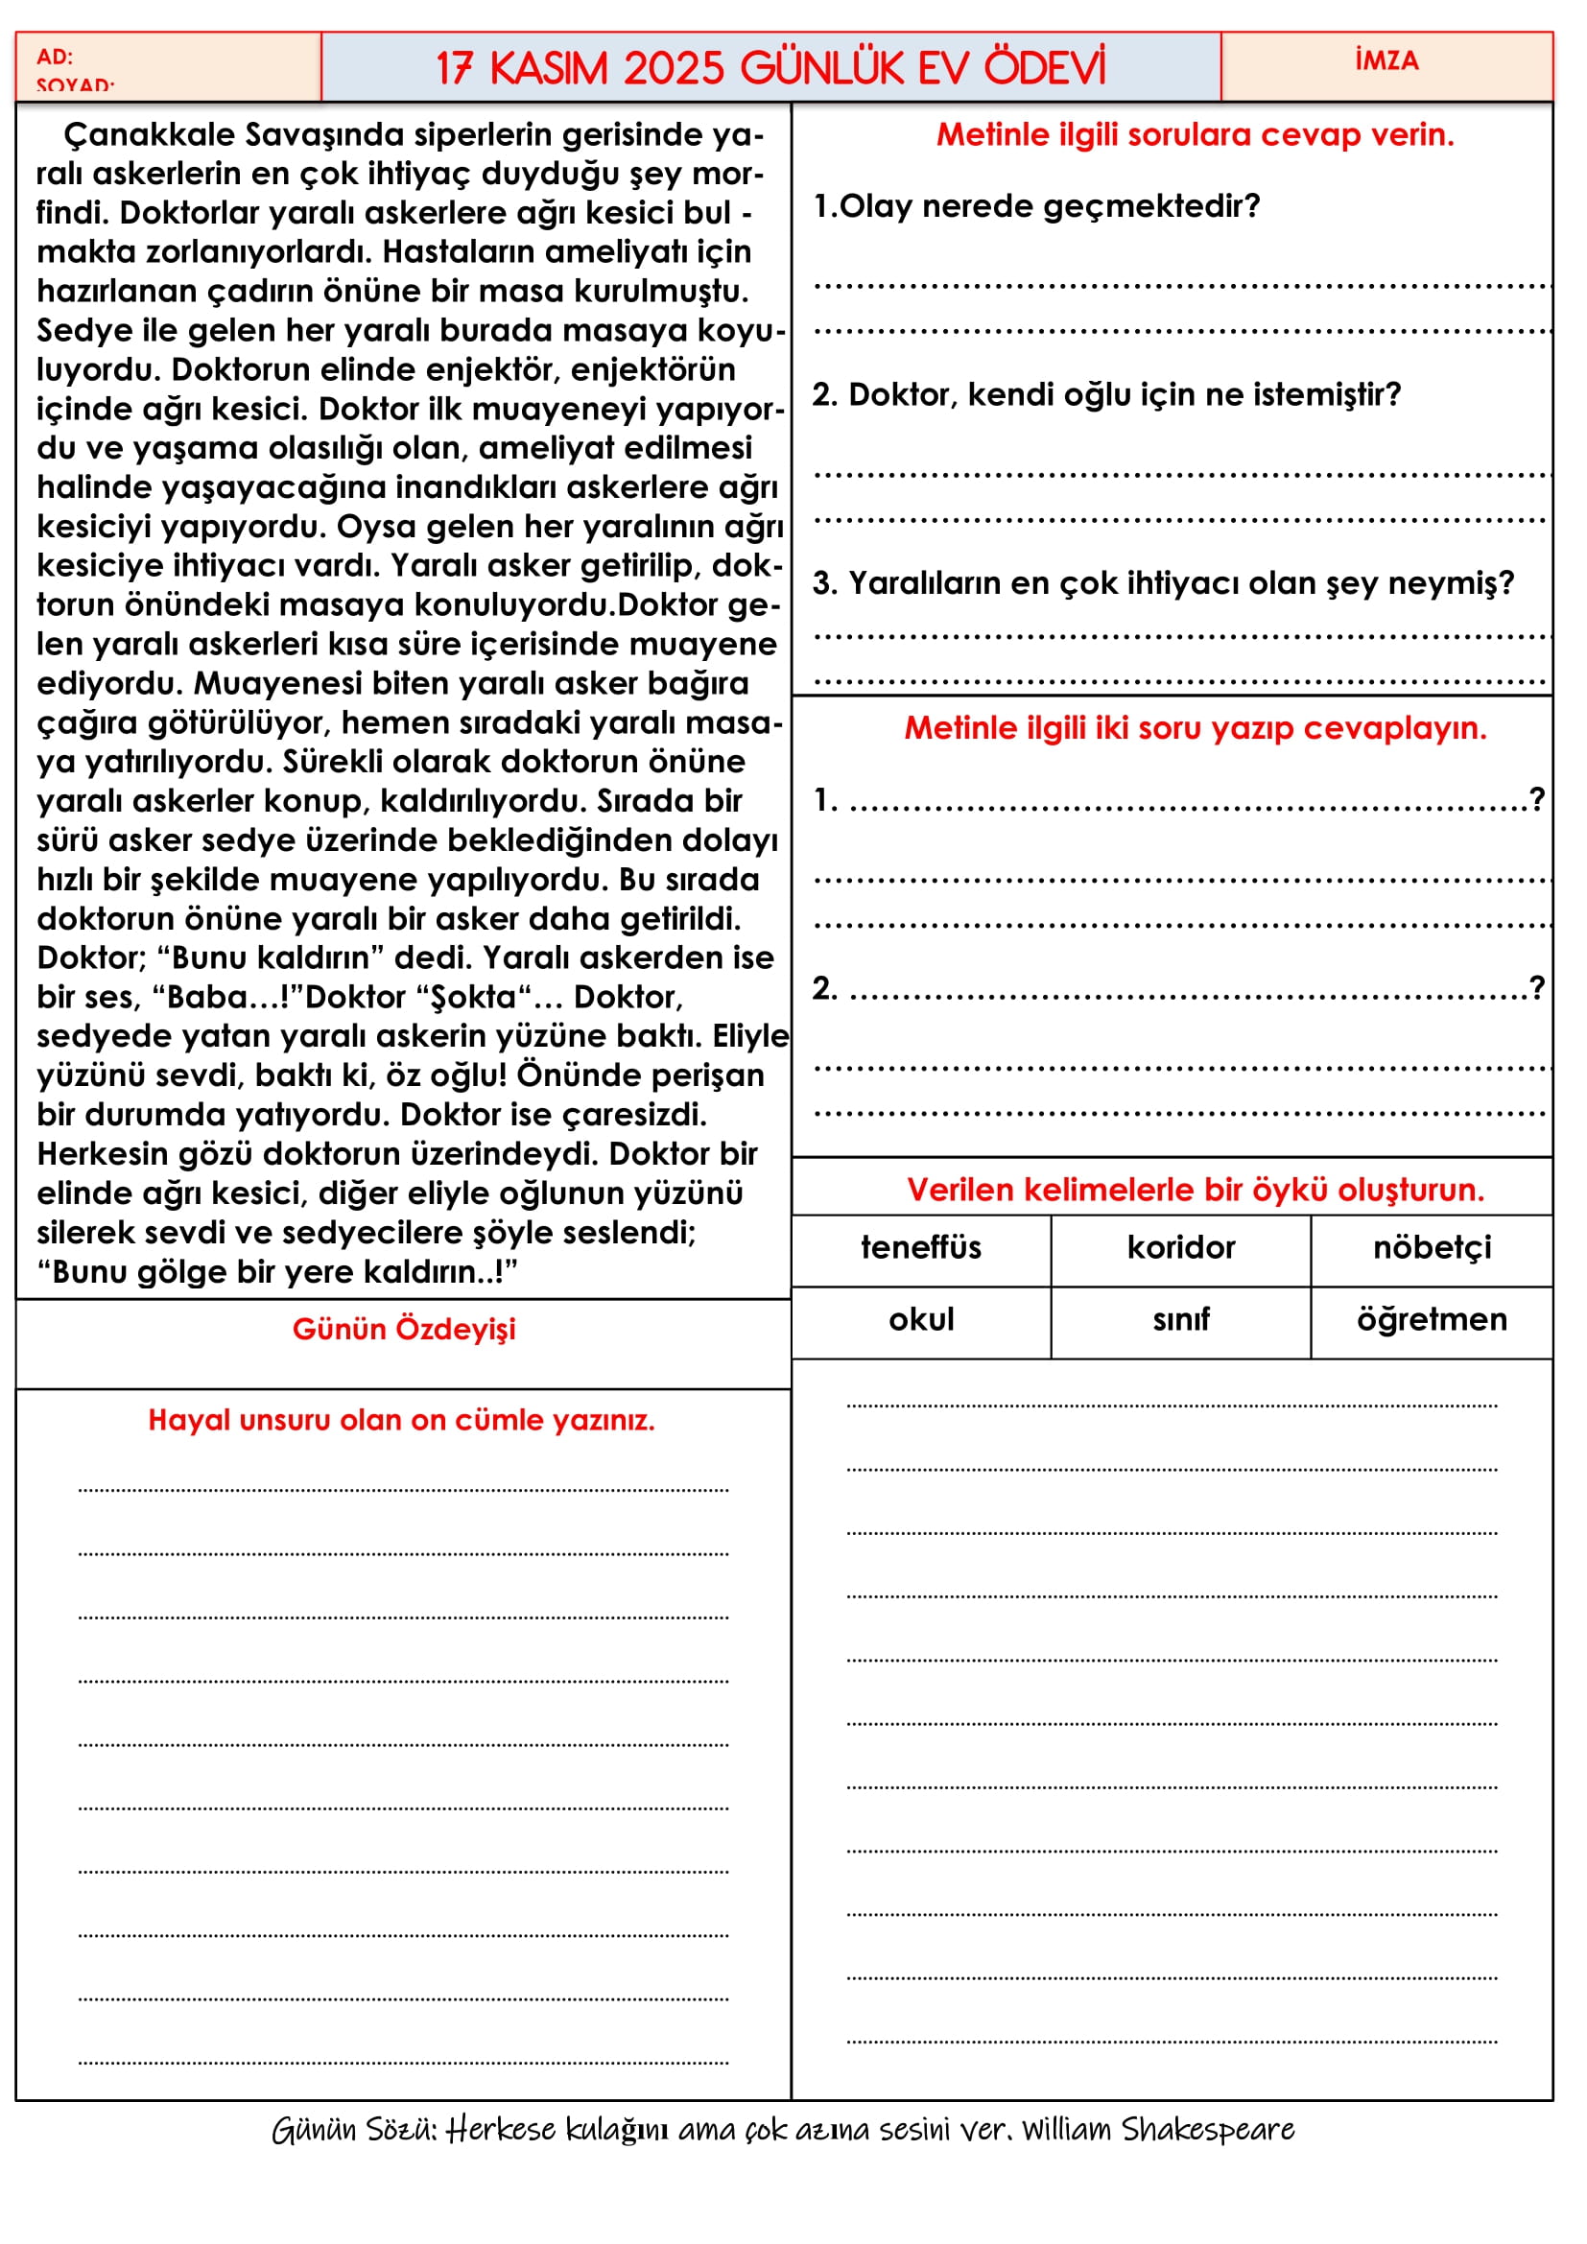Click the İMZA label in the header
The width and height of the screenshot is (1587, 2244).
[1386, 60]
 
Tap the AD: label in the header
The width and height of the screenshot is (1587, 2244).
[55, 57]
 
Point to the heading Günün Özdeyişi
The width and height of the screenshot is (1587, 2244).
[404, 1329]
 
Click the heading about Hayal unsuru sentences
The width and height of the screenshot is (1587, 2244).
[401, 1420]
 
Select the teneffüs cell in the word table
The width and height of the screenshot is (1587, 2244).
[920, 1248]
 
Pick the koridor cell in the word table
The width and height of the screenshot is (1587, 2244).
[1180, 1248]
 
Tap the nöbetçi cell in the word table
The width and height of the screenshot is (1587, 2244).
[1432, 1248]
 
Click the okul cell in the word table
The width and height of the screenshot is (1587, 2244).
[920, 1320]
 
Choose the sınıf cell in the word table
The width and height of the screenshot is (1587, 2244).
[1180, 1320]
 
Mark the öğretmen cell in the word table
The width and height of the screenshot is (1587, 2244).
[1432, 1320]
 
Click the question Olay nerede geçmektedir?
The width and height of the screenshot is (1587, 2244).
[1037, 206]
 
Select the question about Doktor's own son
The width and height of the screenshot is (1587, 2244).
[1106, 395]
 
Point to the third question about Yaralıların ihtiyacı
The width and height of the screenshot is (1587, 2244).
[1163, 583]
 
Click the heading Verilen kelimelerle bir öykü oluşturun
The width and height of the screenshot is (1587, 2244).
[1196, 1190]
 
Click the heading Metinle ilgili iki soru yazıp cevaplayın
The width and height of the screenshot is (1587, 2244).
[1196, 728]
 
